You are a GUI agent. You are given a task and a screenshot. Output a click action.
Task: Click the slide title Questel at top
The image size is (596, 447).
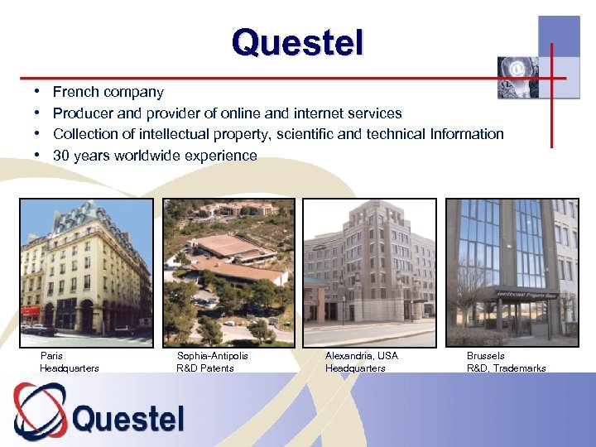[x=297, y=41]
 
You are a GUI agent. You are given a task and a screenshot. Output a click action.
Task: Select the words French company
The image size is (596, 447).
[x=108, y=92]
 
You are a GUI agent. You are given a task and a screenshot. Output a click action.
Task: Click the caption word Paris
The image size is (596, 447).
[x=51, y=356]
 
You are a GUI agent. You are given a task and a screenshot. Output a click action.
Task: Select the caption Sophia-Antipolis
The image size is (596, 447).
[x=213, y=356]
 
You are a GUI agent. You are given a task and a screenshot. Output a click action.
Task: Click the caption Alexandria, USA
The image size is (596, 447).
[x=362, y=356]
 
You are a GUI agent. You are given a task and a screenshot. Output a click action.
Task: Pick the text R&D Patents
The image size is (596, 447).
[x=205, y=368]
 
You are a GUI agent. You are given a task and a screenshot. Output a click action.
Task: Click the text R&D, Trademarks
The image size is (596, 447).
[x=507, y=368]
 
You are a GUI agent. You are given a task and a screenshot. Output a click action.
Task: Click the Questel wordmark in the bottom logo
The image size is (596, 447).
[x=128, y=418]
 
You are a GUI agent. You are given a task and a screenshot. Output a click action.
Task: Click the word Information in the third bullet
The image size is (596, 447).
[x=467, y=134]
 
